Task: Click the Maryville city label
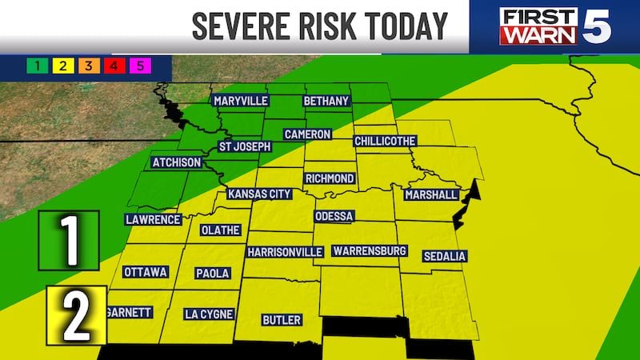(240, 101)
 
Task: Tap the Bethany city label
(326, 101)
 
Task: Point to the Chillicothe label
(386, 140)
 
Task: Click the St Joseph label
(246, 146)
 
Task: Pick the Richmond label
(329, 178)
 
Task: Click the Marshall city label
(431, 194)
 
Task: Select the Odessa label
(334, 217)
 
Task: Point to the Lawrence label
(153, 219)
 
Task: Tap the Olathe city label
(219, 230)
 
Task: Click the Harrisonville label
(285, 252)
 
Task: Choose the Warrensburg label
(370, 251)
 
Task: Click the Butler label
(282, 320)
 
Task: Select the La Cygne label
(207, 314)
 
